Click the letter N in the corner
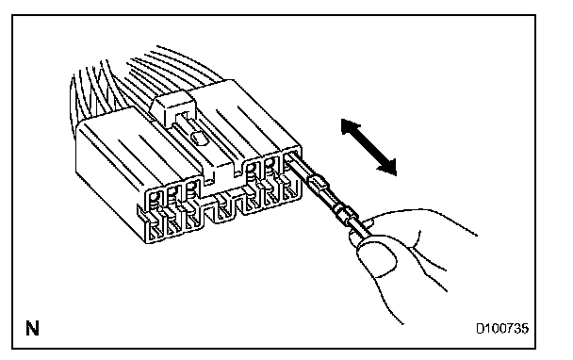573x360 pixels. coord(32,328)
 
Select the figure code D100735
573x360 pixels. coord(502,329)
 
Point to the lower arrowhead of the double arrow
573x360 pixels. coord(388,167)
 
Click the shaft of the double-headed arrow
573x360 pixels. coord(368,147)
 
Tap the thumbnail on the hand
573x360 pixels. coord(378,258)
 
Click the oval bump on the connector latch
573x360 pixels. coord(199,138)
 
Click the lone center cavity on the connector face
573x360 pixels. coord(221,209)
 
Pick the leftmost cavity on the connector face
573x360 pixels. coord(155,216)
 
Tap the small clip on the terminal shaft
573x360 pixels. coord(318,182)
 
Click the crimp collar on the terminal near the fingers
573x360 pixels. coord(345,215)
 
